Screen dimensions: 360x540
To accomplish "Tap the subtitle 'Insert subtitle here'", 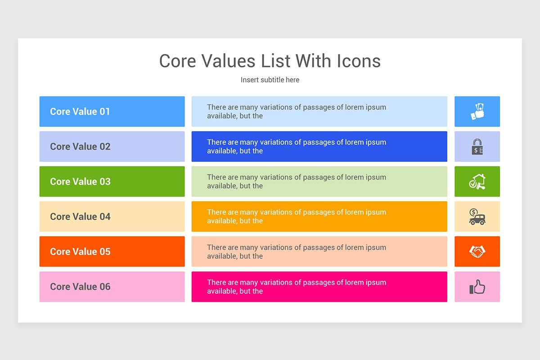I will point(270,80).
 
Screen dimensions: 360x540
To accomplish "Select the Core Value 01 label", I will point(80,112).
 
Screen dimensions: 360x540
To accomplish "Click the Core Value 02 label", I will point(80,147).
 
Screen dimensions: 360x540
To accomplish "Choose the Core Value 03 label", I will point(80,182).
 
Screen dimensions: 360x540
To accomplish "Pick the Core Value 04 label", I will point(80,217).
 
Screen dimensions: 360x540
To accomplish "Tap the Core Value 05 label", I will point(80,252).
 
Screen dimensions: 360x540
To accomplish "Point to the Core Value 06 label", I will point(80,287).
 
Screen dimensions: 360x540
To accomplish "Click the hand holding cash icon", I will point(477,112).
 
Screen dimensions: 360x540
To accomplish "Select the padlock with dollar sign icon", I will point(477,147).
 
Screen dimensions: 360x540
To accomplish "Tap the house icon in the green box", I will point(477,182).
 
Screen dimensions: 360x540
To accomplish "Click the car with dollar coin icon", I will point(477,217).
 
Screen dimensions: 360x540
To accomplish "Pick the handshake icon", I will point(477,252).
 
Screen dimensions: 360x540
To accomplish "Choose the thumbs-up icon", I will point(477,287).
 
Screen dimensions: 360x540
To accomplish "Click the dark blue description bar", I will point(319,147).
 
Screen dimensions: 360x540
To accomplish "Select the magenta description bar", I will point(319,287).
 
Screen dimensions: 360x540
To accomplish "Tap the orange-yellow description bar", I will point(319,217).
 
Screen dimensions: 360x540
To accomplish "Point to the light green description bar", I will point(319,182).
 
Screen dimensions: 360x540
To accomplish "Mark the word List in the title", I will point(276,61).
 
